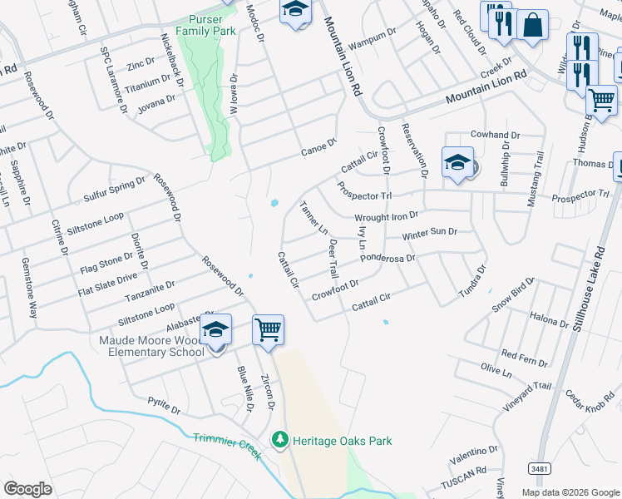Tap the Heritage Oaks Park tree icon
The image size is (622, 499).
point(281,440)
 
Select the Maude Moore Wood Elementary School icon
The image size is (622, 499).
point(215,330)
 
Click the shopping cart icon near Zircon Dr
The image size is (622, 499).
point(268,330)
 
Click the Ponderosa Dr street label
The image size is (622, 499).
point(388,258)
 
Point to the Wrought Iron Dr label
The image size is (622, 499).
point(386,217)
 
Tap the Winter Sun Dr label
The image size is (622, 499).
point(429,234)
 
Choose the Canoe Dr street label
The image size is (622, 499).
point(318,150)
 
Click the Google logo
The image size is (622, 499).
point(27,489)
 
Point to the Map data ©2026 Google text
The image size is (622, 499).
point(570,492)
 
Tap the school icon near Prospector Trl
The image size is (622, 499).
point(457,162)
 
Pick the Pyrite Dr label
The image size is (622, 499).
point(164,409)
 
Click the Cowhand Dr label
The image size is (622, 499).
point(495,135)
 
